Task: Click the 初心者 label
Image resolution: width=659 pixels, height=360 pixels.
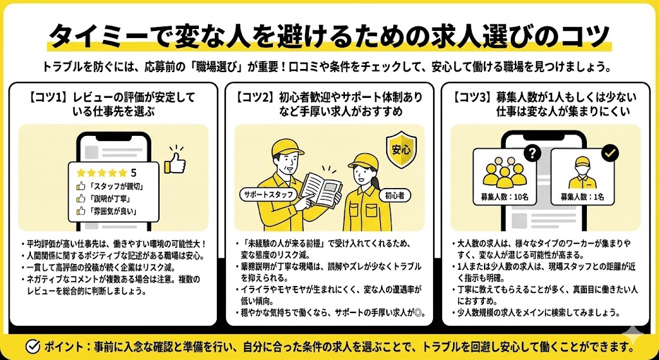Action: pos(393,196)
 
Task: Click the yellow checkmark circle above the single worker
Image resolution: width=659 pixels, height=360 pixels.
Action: pos(609,153)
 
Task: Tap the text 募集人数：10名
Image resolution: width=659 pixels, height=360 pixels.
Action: pos(505,196)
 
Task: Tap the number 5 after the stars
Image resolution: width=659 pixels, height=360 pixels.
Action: pos(133,173)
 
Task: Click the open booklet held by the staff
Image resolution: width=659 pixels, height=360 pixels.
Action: pos(321,189)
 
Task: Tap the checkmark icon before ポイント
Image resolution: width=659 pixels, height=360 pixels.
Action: pos(32,346)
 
